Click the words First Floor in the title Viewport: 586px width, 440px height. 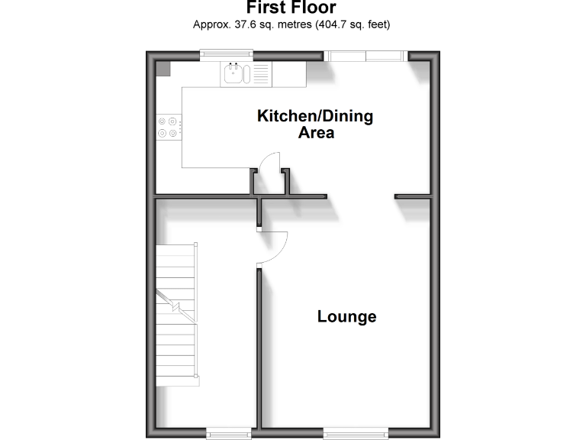292,8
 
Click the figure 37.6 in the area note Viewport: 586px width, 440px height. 240,24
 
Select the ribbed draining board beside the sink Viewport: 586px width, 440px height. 260,74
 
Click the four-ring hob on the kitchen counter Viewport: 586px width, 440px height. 169,126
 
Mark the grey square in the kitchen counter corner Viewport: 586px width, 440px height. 163,69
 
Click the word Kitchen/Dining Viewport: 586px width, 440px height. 315,116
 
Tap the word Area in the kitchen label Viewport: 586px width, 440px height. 315,133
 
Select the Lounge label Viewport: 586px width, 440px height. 346,316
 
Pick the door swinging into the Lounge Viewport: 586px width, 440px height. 273,247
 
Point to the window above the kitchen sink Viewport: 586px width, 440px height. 227,53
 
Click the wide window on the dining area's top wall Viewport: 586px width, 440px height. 365,55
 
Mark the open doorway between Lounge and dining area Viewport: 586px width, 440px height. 361,197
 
